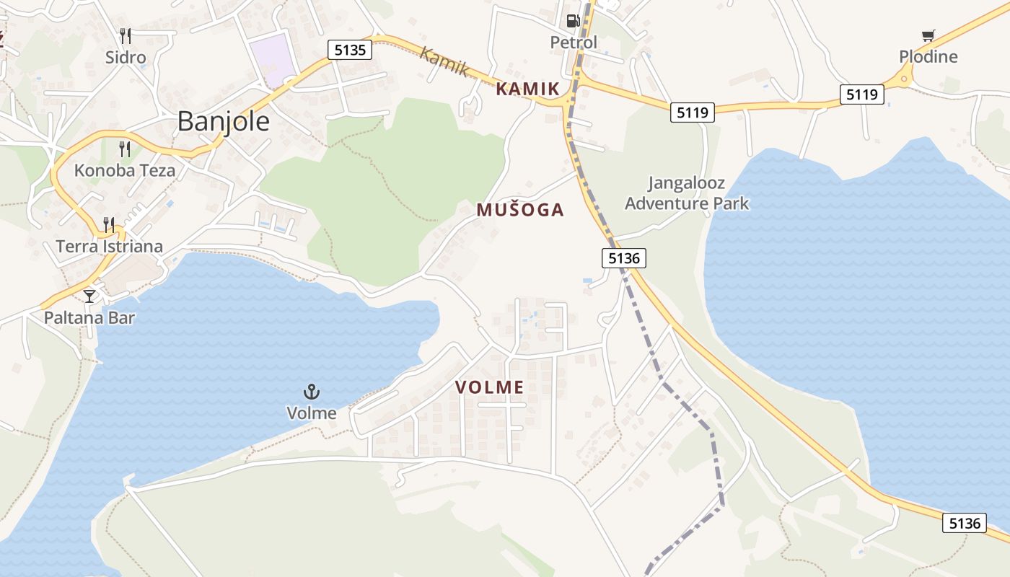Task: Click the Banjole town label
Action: click(x=224, y=121)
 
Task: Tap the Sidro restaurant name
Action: click(x=126, y=57)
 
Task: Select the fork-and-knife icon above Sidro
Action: click(x=126, y=35)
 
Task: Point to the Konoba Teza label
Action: click(x=125, y=171)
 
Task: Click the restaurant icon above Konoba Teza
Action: click(x=126, y=149)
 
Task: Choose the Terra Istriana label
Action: click(x=110, y=246)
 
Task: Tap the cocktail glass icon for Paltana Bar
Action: click(x=89, y=296)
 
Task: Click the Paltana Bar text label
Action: click(x=89, y=317)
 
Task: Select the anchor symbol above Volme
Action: click(x=312, y=392)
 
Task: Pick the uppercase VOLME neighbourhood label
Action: click(x=490, y=387)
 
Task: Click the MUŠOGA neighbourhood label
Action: click(x=520, y=210)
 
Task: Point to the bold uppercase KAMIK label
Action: click(x=528, y=89)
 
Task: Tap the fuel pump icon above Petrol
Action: click(x=574, y=21)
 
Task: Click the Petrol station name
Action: click(x=574, y=43)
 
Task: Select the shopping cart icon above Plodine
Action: click(x=928, y=35)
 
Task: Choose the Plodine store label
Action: click(x=928, y=57)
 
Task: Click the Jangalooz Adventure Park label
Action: click(x=687, y=193)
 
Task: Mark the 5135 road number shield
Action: click(x=350, y=50)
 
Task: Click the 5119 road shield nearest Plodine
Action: click(x=862, y=94)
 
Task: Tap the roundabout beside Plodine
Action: click(x=903, y=79)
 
